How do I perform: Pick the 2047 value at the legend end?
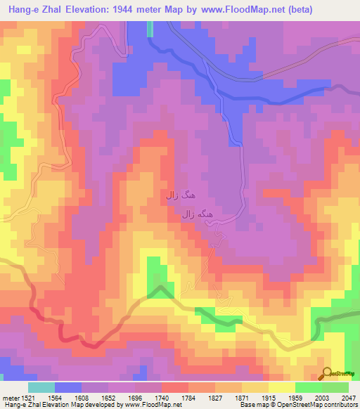(349, 397)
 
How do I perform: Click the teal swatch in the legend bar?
(41, 387)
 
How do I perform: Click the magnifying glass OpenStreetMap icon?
(328, 373)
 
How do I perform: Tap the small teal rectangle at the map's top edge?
(150, 28)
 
